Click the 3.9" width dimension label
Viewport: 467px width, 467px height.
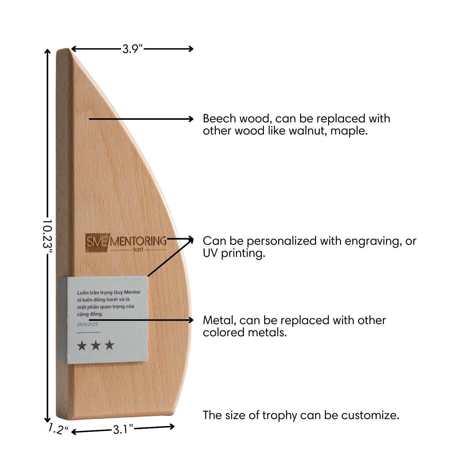click(x=132, y=49)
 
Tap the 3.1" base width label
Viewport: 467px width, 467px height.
click(x=123, y=430)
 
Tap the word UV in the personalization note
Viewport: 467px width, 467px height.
click(x=210, y=253)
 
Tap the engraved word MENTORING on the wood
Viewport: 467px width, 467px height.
click(x=138, y=241)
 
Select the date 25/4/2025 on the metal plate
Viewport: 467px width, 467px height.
click(x=87, y=324)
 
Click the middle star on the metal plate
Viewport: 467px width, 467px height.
click(x=96, y=345)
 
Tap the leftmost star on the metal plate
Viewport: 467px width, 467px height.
click(x=82, y=345)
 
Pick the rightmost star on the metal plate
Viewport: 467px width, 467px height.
click(x=109, y=345)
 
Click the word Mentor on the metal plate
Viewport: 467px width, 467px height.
click(x=133, y=292)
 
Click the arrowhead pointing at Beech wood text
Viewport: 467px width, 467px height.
click(x=191, y=119)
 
